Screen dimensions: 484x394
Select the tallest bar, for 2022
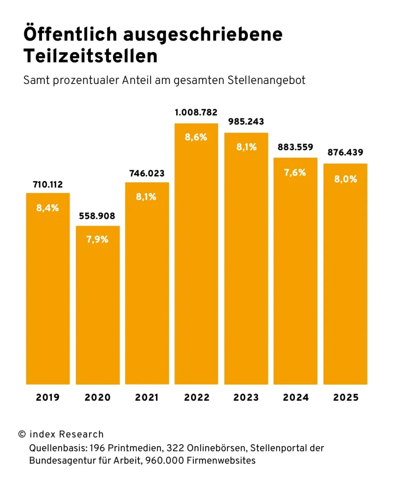196,253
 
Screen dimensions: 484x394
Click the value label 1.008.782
196,112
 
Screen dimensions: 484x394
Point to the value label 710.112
48,185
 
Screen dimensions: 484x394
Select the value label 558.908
97,216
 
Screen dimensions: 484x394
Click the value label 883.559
295,147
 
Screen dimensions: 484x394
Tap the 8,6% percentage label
196,137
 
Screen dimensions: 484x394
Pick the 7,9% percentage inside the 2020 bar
97,239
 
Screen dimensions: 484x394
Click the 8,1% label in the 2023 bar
246,147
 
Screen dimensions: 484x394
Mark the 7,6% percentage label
295,173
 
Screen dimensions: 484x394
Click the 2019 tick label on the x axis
48,397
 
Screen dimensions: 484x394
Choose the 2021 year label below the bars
147,397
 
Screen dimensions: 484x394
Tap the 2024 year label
296,397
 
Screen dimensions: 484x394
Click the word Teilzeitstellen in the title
90,56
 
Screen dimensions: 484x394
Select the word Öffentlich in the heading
70,34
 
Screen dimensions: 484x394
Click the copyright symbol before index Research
22,434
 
